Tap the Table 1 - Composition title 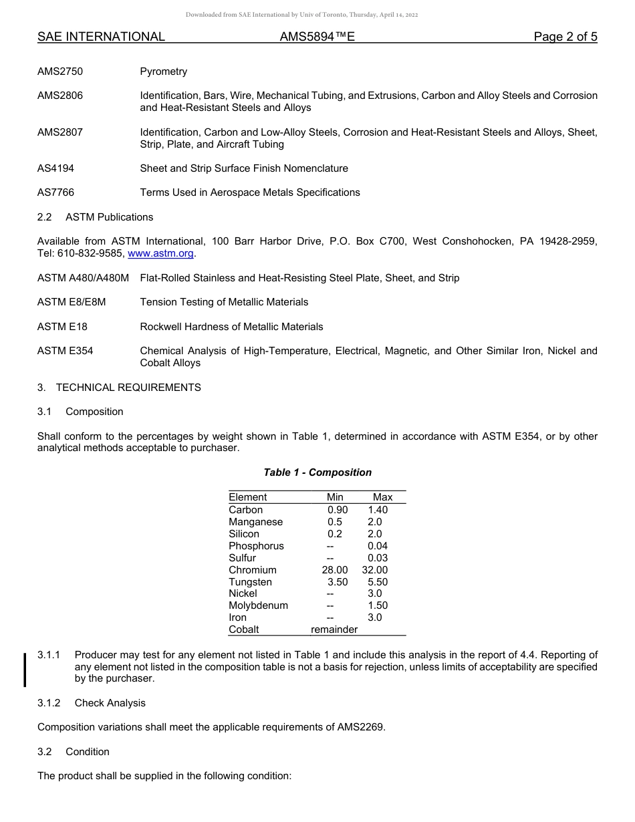(x=317, y=472)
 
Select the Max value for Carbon (x=378, y=509)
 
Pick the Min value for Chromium (x=335, y=570)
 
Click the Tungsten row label (x=250, y=582)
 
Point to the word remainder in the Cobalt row (x=334, y=630)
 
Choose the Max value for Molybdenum (x=378, y=605)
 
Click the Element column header (x=247, y=497)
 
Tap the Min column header (x=335, y=497)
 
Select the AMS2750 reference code (x=60, y=72)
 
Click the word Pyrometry (x=163, y=72)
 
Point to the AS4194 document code (x=55, y=168)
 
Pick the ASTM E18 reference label (x=62, y=327)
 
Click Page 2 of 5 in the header (x=565, y=37)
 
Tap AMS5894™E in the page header (x=317, y=37)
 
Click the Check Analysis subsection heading (x=110, y=703)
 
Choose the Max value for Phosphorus (x=378, y=546)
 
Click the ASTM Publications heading (x=109, y=217)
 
